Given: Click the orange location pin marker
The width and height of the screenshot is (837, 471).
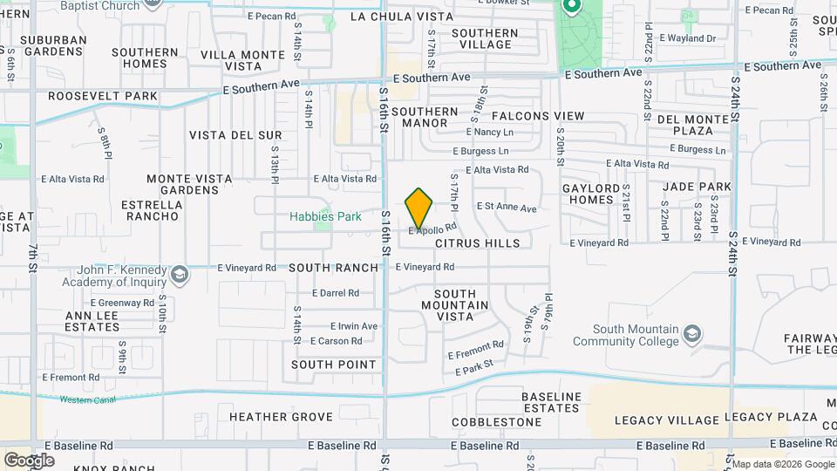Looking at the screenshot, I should (419, 208).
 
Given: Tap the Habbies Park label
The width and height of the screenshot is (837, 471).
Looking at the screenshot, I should (325, 215).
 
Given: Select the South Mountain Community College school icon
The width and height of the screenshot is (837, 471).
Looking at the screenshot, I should (692, 334).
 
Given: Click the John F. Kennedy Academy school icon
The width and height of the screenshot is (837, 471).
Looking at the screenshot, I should (179, 276).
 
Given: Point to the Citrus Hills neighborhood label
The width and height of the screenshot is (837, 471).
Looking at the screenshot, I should (477, 243).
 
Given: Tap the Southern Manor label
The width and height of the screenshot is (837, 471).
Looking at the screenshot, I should (425, 118).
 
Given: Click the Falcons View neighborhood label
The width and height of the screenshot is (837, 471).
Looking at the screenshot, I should (538, 116).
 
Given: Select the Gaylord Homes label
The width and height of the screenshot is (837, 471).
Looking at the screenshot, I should (589, 194).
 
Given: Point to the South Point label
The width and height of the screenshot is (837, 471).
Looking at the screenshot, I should (334, 365).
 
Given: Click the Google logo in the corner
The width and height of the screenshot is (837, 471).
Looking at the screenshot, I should (29, 460).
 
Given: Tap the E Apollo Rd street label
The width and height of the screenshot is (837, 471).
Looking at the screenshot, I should (432, 229).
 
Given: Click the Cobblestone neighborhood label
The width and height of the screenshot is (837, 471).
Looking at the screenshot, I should (498, 422).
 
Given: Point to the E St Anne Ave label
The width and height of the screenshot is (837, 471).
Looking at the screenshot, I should (507, 208).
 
